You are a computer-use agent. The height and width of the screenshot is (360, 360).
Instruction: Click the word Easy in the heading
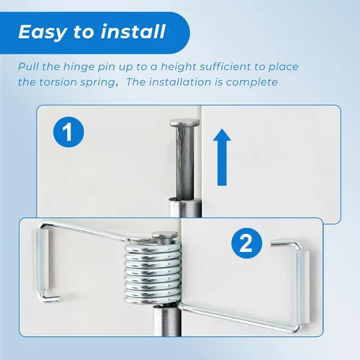coord(42,32)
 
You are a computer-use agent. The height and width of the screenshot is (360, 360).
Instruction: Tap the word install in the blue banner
coord(133,32)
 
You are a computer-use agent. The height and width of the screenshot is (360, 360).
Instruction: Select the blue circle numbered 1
coord(68,132)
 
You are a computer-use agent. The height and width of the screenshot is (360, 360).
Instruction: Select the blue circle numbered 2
coord(247,243)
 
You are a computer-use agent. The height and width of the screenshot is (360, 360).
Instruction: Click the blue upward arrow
coord(222,157)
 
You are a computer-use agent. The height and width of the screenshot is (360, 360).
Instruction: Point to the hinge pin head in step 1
coord(184,123)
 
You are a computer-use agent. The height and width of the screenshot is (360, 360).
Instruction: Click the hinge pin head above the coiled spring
coord(165,235)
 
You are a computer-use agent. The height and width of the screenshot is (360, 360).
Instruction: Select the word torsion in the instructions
coord(58,82)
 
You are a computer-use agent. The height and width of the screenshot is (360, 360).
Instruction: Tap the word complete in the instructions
coord(252,82)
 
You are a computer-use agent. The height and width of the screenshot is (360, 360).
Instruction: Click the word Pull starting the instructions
coord(29,67)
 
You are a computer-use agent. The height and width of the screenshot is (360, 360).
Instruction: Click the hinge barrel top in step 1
coord(184,199)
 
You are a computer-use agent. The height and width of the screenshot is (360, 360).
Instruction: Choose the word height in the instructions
coord(179,67)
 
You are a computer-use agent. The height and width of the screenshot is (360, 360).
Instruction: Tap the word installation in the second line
coord(181,82)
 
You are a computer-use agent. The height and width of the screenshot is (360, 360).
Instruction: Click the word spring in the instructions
coord(98,83)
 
